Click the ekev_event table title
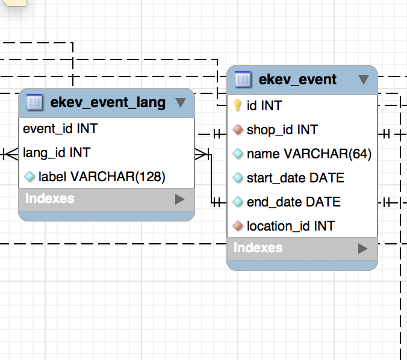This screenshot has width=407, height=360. tap(297, 79)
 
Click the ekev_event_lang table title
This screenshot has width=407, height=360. tap(108, 102)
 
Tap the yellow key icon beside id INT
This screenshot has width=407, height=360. tap(238, 105)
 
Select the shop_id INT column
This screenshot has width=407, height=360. tap(282, 129)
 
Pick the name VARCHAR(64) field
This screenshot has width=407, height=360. tap(309, 154)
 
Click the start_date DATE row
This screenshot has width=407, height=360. tap(295, 178)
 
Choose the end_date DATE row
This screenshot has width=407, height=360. tap(293, 202)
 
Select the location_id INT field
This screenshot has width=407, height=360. tap(290, 226)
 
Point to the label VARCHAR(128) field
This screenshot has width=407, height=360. tap(102, 177)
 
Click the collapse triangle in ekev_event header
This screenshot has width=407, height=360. tap(363, 79)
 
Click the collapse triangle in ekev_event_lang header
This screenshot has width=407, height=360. tap(180, 102)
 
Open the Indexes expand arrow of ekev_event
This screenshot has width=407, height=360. tap(362, 248)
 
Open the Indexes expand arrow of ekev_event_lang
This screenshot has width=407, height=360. tap(179, 199)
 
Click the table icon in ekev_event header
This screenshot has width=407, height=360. tap(243, 79)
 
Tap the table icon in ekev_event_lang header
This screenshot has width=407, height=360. tap(35, 102)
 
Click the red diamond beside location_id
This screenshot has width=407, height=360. tap(238, 226)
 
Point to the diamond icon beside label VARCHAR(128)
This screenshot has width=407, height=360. tap(30, 177)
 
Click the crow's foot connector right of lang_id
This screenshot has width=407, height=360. tap(202, 154)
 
